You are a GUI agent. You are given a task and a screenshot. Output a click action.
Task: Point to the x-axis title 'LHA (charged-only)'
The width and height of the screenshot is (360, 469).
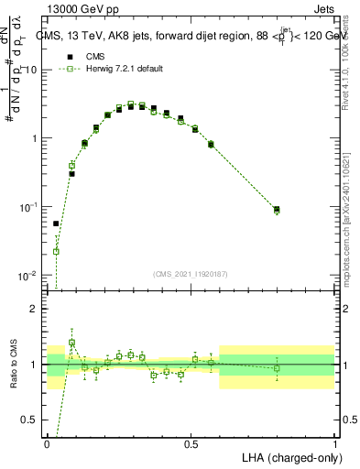(290, 455)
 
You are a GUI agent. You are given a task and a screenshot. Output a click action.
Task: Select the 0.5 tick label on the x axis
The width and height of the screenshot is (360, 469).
(191, 443)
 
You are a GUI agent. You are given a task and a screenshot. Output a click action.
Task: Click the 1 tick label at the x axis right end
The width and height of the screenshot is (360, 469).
(335, 443)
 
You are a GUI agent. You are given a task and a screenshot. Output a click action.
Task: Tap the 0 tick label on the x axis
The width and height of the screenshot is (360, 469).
(47, 443)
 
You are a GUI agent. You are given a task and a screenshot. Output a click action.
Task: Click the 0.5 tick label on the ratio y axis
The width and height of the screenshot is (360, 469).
(29, 420)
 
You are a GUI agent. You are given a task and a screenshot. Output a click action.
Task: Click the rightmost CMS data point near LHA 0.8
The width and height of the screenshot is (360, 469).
(277, 210)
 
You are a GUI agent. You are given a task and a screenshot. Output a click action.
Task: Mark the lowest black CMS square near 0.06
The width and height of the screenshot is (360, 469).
(56, 224)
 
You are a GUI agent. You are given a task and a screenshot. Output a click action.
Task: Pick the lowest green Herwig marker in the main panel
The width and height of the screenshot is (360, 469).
(56, 251)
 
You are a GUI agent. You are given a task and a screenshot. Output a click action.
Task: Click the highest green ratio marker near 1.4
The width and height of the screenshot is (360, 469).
(72, 343)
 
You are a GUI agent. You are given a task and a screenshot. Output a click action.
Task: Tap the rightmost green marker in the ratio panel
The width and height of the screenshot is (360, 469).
(277, 368)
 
